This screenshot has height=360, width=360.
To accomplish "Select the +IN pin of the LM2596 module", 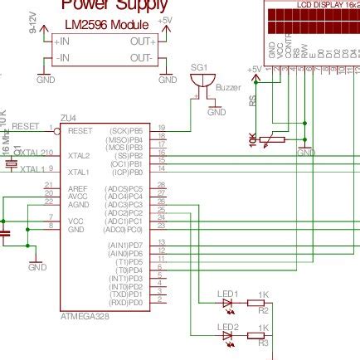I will pos(62,41).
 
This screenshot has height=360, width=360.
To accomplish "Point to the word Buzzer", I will pos(226,87).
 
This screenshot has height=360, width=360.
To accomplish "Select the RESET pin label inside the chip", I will pos(80,130).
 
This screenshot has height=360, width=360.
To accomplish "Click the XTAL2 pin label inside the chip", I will pos(79,155).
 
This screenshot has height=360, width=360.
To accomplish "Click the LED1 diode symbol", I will pos(228,304).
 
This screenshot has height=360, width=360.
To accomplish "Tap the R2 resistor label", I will pos(264,311).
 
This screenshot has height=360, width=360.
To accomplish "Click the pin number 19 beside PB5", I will pos(162,127).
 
